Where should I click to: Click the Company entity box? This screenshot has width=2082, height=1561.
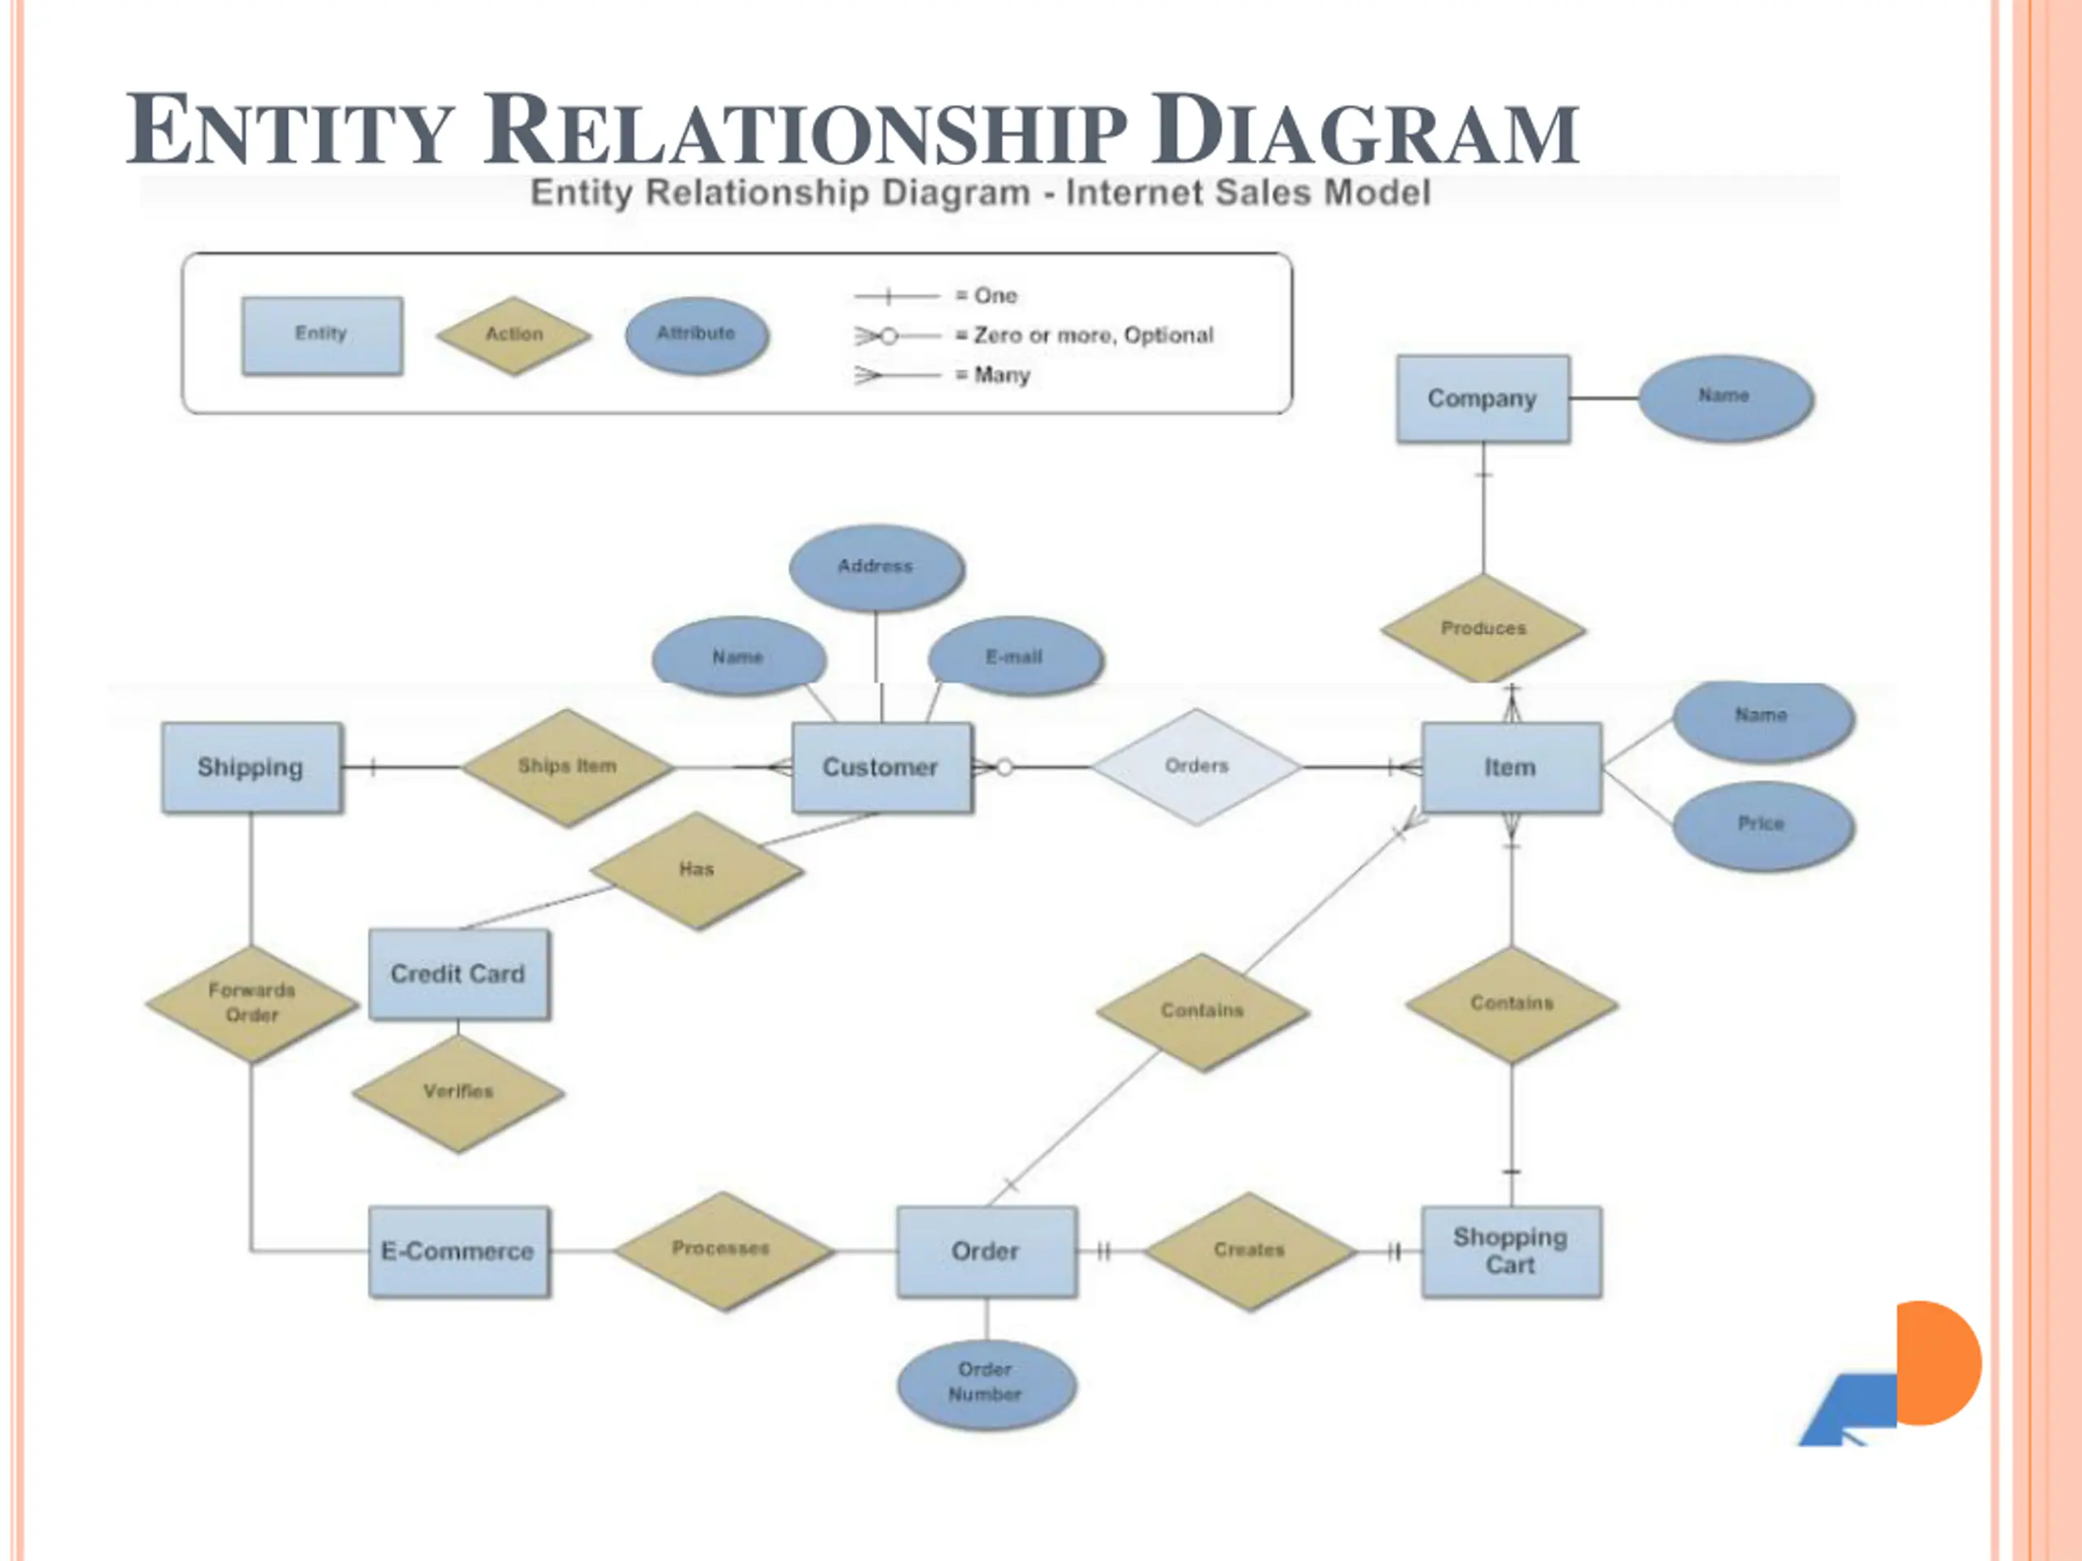(1483, 399)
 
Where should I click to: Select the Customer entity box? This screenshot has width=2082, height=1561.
(881, 767)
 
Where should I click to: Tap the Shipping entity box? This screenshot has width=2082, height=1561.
(250, 767)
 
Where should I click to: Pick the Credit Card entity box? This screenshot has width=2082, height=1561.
(459, 974)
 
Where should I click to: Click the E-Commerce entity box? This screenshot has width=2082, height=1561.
(459, 1251)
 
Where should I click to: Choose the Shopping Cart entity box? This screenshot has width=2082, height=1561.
(1511, 1251)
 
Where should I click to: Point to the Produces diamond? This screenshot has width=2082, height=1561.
(1483, 628)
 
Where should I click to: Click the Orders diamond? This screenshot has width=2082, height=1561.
(1196, 766)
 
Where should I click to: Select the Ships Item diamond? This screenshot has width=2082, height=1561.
(567, 766)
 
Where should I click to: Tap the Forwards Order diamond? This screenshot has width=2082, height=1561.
(251, 1003)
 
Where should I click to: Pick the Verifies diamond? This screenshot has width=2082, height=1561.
(459, 1091)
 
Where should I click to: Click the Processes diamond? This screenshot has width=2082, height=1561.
(722, 1250)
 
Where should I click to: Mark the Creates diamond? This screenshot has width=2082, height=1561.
(1249, 1250)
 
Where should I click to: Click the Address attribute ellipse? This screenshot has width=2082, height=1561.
(876, 567)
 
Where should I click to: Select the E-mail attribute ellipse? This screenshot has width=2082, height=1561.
(1015, 657)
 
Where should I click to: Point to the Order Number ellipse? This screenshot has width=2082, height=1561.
(986, 1382)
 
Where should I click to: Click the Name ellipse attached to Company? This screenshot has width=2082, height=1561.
(1725, 397)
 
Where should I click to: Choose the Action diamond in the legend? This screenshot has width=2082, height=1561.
(514, 335)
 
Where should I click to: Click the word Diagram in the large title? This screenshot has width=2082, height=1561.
(1365, 132)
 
